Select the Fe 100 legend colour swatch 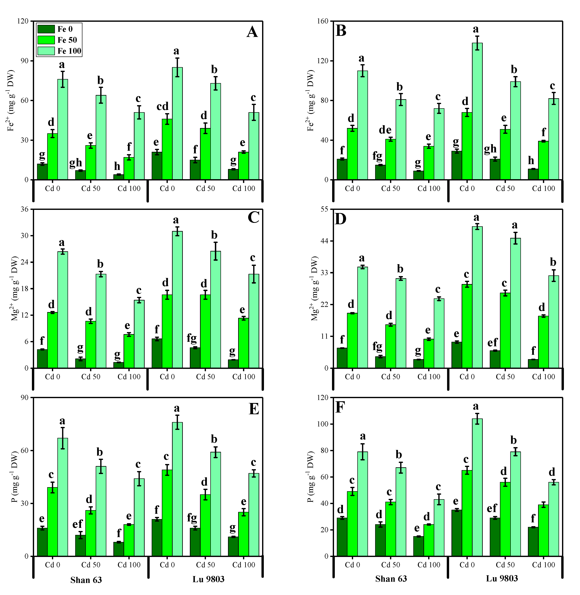coord(46,51)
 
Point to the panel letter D coord(341,219)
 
